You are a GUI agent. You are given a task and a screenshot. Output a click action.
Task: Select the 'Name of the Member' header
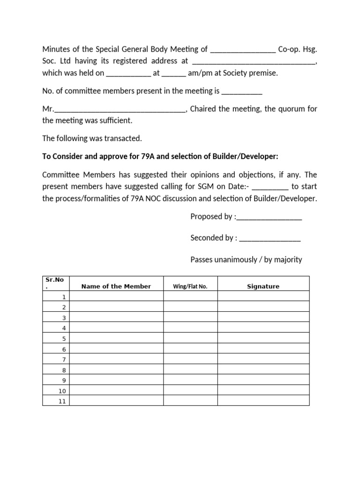pos(116,286)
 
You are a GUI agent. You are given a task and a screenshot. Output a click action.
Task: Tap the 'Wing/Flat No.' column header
pos(190,286)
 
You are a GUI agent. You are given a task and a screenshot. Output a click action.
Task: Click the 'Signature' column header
pos(263,286)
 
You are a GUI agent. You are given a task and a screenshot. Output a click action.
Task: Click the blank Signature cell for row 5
pos(263,338)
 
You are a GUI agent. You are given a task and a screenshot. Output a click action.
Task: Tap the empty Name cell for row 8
pos(116,370)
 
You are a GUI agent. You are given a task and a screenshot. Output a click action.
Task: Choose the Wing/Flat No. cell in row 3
pos(190,318)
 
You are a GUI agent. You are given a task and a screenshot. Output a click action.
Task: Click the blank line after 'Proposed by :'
pos(270,217)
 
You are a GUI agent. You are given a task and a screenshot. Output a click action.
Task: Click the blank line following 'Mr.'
pos(120,110)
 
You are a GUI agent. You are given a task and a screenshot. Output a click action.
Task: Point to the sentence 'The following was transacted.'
pos(91,138)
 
